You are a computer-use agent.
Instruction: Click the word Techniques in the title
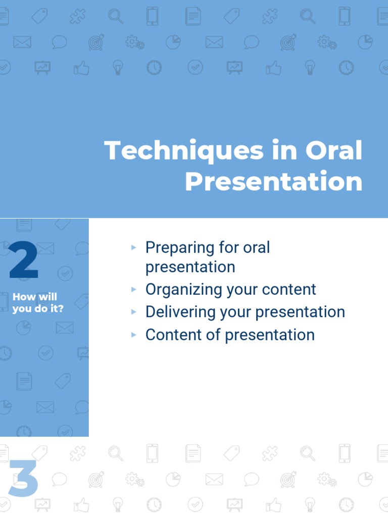pyautogui.click(x=184, y=151)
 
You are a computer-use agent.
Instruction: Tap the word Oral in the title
pyautogui.click(x=333, y=150)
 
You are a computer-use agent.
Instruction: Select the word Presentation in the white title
pyautogui.click(x=274, y=181)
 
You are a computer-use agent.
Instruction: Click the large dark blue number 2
pyautogui.click(x=24, y=260)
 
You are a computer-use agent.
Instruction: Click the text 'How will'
pyautogui.click(x=35, y=297)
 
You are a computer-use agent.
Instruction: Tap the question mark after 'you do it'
pyautogui.click(x=60, y=308)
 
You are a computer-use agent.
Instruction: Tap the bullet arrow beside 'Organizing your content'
pyautogui.click(x=133, y=289)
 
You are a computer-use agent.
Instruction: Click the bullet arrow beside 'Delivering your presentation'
pyautogui.click(x=133, y=312)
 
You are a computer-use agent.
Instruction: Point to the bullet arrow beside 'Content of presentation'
pyautogui.click(x=133, y=335)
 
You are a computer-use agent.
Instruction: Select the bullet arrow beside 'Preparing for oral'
pyautogui.click(x=133, y=247)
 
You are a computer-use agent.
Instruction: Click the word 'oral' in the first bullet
pyautogui.click(x=256, y=247)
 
